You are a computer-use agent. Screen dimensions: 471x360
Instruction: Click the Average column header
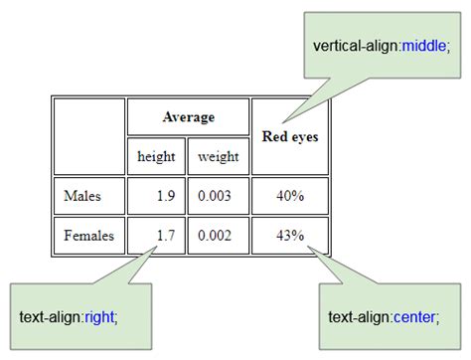188,117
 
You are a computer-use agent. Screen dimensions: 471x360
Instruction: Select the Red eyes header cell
289,136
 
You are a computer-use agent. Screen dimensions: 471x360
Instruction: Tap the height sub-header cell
156,156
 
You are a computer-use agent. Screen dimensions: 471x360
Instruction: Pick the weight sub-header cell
218,156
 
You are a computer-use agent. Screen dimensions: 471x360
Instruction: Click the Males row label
81,196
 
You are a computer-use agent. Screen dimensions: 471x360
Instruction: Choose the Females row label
88,236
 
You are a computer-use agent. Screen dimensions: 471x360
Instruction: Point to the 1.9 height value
165,196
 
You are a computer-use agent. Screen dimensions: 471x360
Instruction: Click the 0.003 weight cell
215,196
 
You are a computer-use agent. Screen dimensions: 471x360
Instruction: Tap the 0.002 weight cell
215,236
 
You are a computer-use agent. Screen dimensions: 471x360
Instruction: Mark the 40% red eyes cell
290,196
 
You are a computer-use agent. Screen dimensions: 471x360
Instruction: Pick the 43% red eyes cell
290,236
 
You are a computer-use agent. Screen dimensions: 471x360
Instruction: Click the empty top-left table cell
89,136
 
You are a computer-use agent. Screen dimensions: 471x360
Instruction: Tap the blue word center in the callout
414,317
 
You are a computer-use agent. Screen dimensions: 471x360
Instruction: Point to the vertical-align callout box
379,47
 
